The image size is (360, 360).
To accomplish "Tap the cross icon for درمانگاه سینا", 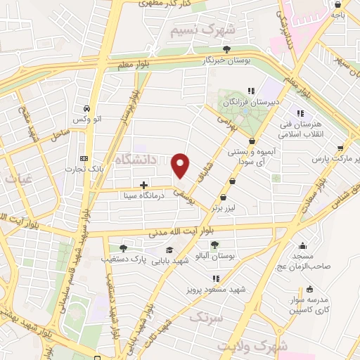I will tap(144, 186).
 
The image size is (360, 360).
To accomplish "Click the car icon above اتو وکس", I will tap(86, 109).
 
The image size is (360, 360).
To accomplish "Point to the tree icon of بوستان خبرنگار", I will tap(226, 49).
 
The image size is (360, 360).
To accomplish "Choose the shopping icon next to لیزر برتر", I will tap(224, 198).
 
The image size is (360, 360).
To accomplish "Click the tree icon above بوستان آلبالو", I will tap(214, 245).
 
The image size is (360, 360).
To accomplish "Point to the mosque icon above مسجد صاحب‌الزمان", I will tap(302, 245).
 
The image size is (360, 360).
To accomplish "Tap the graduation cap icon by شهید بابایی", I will tap(169, 250).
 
